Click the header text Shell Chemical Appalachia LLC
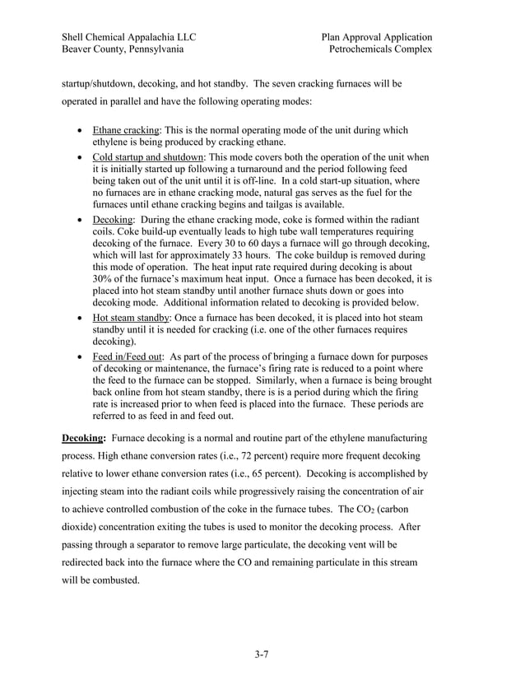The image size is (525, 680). pyautogui.click(x=128, y=37)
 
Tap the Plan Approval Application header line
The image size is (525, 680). pyautogui.click(x=377, y=37)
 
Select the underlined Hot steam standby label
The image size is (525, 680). pyautogui.click(x=130, y=317)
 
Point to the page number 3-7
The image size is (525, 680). pyautogui.click(x=262, y=655)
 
